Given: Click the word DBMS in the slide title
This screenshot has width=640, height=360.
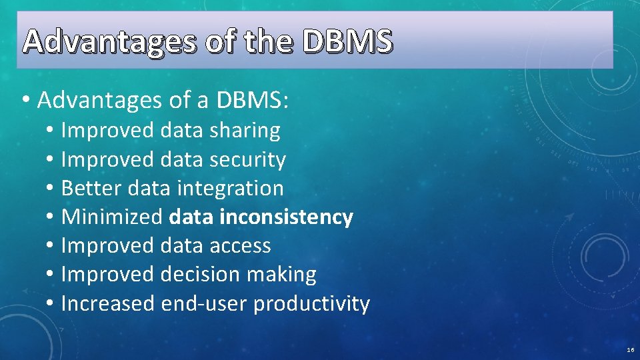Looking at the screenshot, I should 347,43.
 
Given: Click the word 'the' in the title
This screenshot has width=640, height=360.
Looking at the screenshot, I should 268,43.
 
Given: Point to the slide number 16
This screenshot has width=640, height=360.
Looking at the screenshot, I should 630,350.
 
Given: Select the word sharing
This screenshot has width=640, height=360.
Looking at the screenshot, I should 245,131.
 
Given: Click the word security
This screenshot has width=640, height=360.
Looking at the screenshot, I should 247,160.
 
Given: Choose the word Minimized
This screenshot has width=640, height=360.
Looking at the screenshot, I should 111,217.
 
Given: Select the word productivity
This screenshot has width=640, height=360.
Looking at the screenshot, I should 311,304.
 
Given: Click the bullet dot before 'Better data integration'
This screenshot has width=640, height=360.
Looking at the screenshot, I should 51,189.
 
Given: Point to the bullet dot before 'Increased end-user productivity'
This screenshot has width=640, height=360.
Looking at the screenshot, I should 51,305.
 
